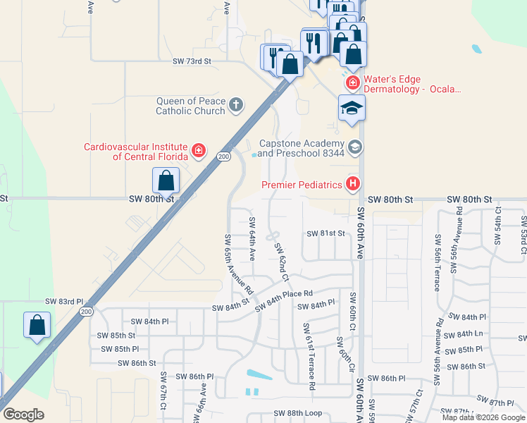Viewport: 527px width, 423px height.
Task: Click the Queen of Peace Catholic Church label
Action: click(190, 106)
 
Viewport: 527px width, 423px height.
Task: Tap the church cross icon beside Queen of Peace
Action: click(235, 106)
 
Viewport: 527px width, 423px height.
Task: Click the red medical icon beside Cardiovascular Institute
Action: click(199, 151)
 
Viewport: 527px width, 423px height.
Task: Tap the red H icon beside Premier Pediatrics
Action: click(353, 185)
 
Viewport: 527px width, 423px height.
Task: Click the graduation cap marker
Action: click(352, 108)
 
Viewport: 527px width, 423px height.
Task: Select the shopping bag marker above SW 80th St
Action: click(166, 180)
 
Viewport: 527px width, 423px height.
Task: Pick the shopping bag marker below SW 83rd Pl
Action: click(37, 326)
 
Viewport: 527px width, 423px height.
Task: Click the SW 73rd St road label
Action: click(192, 62)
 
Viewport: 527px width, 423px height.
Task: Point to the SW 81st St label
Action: click(326, 233)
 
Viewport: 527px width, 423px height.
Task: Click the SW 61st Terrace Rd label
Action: click(308, 357)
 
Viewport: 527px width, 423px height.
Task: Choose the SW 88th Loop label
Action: click(297, 413)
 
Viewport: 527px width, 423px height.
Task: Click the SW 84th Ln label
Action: click(469, 334)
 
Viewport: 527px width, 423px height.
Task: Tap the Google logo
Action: click(23, 415)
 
